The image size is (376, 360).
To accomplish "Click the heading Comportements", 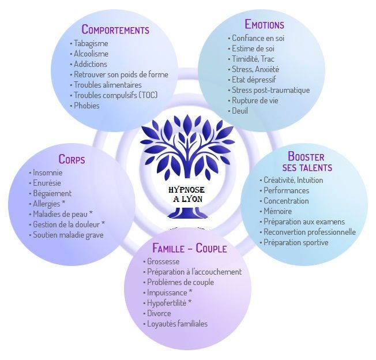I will tap(115, 29).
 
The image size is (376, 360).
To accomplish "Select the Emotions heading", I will tap(264, 24).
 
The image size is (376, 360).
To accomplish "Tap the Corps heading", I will tap(72, 159).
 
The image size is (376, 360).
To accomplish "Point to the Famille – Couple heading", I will tap(189, 249).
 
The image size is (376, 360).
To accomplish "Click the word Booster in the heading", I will tap(306, 156).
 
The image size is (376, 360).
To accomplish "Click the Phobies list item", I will tap(87, 106).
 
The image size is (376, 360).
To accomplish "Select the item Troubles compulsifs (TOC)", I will tap(115, 95).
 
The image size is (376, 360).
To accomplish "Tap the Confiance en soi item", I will tap(258, 38).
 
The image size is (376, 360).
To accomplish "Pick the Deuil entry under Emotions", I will tap(239, 111).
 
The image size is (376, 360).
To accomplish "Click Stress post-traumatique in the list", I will tap(270, 90).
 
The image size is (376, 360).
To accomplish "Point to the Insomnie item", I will tap(47, 172).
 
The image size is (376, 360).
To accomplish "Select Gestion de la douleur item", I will tap(69, 224).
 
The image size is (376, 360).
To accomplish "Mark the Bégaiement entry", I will tap(52, 193).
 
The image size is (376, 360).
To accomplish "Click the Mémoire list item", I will tap(277, 211).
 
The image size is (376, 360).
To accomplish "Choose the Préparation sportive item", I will tap(296, 242).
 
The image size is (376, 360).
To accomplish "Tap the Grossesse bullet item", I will tap(163, 261).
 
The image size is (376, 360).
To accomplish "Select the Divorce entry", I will tap(159, 313).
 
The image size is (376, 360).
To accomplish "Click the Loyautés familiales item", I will tap(177, 324).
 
